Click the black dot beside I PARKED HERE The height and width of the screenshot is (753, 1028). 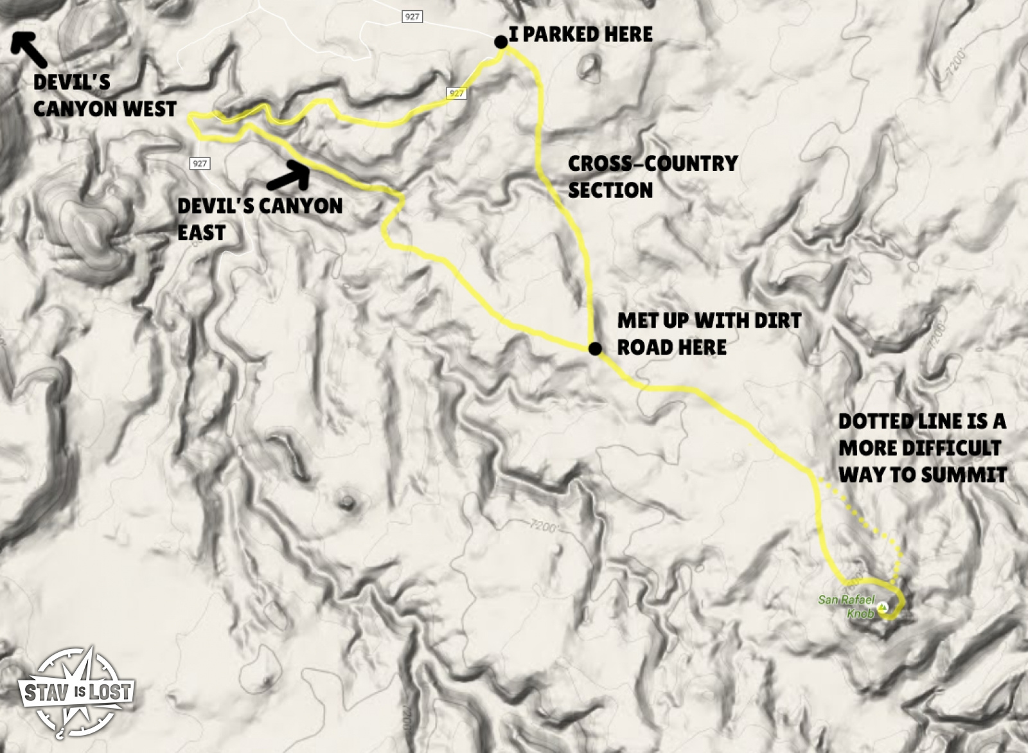click(x=500, y=42)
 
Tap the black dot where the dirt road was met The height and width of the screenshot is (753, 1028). click(x=595, y=349)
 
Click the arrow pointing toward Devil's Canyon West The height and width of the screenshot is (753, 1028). click(x=29, y=49)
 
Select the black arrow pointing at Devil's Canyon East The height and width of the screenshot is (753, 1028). click(x=289, y=174)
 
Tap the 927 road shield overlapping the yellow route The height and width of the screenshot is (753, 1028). click(x=456, y=94)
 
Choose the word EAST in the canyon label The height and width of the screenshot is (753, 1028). click(x=201, y=233)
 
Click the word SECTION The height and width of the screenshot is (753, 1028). click(x=610, y=190)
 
